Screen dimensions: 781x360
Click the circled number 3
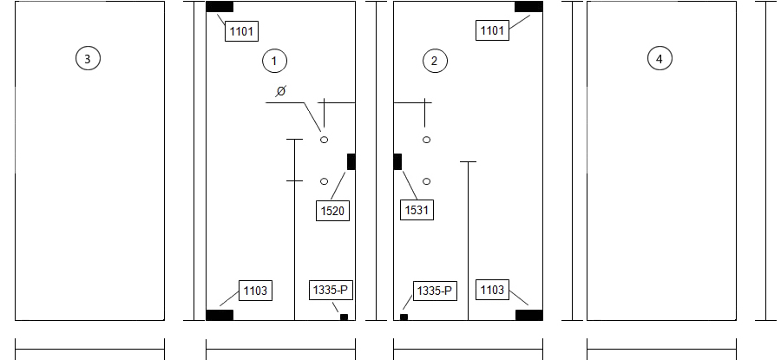pyautogui.click(x=88, y=59)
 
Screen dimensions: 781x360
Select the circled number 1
pyautogui.click(x=274, y=62)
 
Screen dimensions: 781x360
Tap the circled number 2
pyautogui.click(x=435, y=62)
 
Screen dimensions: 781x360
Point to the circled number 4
pyautogui.click(x=660, y=59)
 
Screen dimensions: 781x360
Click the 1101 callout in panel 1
pyautogui.click(x=241, y=31)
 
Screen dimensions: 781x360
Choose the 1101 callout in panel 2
pyautogui.click(x=492, y=30)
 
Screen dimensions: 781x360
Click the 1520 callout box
pyautogui.click(x=332, y=211)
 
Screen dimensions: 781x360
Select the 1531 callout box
pyautogui.click(x=417, y=210)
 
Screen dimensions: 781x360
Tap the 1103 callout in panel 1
pyautogui.click(x=255, y=291)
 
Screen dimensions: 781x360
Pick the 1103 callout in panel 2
pyautogui.click(x=492, y=290)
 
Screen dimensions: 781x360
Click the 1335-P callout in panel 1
pyautogui.click(x=331, y=291)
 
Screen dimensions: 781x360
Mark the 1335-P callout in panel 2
pyautogui.click(x=436, y=291)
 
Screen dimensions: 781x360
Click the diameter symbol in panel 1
pyautogui.click(x=281, y=91)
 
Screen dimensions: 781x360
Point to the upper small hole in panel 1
pyautogui.click(x=325, y=140)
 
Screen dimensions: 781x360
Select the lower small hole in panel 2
pyautogui.click(x=426, y=182)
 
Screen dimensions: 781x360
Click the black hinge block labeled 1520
pyautogui.click(x=351, y=162)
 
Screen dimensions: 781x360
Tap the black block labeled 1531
pyautogui.click(x=397, y=162)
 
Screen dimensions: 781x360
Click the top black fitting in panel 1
pyautogui.click(x=220, y=6)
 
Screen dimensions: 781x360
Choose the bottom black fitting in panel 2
pyautogui.click(x=529, y=315)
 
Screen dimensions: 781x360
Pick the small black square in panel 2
pyautogui.click(x=404, y=317)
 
